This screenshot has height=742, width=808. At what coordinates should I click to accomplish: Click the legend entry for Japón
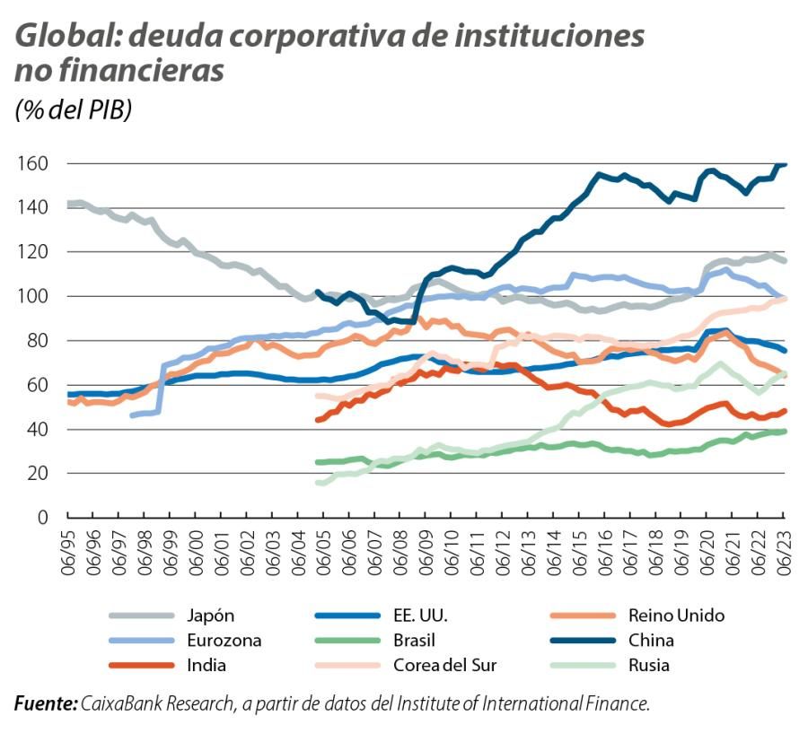point(211,615)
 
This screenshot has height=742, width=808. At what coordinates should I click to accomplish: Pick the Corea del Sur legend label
point(444,666)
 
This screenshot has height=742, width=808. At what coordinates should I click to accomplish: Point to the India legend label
point(207,666)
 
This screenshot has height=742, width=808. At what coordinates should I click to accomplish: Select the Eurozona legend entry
point(223,641)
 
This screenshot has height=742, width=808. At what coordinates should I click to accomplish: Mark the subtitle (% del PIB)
point(73,110)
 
